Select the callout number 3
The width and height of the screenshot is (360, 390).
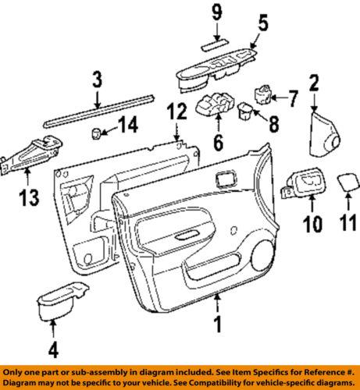(x=97, y=80)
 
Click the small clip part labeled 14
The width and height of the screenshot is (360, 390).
(x=99, y=133)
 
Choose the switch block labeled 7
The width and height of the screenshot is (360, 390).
(x=261, y=95)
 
